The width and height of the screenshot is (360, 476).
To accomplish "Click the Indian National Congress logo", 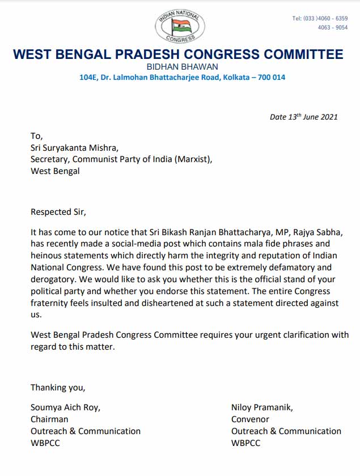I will tap(180, 26).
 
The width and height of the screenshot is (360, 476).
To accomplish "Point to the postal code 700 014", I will tap(272, 77).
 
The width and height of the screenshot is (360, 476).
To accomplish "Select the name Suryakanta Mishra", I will tap(78, 147).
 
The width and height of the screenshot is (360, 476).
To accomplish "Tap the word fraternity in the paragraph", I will tap(53, 303).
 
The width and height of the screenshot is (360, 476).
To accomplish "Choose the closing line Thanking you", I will tap(58, 388).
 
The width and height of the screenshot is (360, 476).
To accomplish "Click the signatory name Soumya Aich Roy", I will tap(65, 407).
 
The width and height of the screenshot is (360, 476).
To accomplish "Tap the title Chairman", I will tap(49, 419).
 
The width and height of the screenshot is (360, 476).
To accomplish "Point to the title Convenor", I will tap(251, 419).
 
